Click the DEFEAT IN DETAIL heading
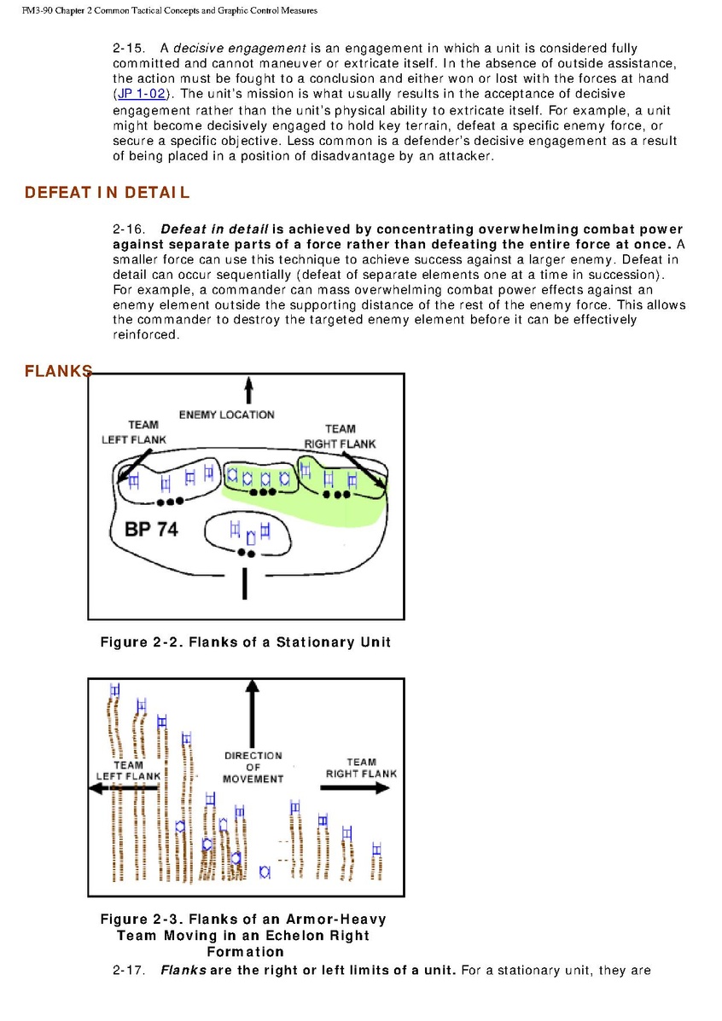point(108,193)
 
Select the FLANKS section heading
point(58,371)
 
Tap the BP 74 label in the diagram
point(151,529)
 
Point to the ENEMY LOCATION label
point(226,415)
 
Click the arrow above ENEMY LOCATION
point(248,391)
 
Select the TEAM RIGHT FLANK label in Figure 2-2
point(340,436)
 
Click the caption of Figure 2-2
point(246,642)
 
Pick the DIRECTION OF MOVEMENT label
point(253,767)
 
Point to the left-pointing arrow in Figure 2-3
point(124,789)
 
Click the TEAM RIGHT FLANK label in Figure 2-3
point(361,768)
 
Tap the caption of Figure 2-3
point(243,935)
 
